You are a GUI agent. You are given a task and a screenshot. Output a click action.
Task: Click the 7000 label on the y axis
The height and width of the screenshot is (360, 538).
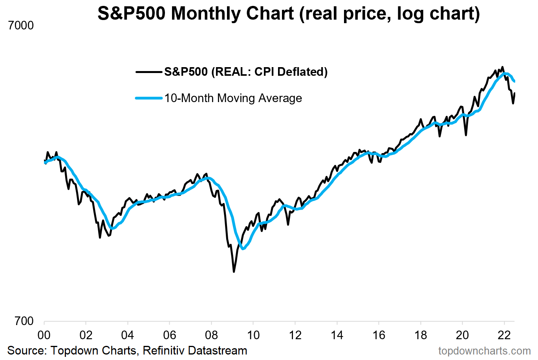[21, 26]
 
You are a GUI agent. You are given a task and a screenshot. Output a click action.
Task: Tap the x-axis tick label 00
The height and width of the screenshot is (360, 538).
[44, 335]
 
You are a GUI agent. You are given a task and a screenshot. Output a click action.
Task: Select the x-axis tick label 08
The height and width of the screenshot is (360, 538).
[211, 335]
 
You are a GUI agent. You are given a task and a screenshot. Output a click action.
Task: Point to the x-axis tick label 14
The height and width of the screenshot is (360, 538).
[337, 335]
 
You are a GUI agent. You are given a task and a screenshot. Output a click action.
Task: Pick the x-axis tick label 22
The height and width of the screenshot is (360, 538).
[504, 335]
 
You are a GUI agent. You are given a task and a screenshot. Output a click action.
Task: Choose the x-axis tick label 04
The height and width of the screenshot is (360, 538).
[128, 335]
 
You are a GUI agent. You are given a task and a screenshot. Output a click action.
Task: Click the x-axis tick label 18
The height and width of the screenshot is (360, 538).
[421, 335]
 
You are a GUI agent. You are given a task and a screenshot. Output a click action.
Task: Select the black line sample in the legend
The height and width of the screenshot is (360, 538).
[149, 72]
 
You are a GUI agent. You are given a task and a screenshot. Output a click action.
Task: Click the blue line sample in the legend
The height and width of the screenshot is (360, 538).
[149, 98]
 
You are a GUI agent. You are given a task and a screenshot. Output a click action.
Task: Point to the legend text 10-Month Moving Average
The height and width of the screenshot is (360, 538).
[233, 98]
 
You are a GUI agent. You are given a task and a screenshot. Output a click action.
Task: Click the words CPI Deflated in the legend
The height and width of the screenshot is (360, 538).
[291, 72]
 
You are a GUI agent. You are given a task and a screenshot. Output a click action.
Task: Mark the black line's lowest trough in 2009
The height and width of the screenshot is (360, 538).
[234, 271]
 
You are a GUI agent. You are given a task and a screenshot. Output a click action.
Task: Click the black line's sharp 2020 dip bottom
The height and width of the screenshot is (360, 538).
[466, 135]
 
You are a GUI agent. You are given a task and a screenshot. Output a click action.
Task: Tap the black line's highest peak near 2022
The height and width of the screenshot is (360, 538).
[503, 67]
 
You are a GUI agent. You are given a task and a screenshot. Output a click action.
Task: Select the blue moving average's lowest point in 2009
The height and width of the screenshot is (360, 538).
[243, 249]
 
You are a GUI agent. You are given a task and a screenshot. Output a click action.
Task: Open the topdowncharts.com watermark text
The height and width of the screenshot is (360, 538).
[484, 351]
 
